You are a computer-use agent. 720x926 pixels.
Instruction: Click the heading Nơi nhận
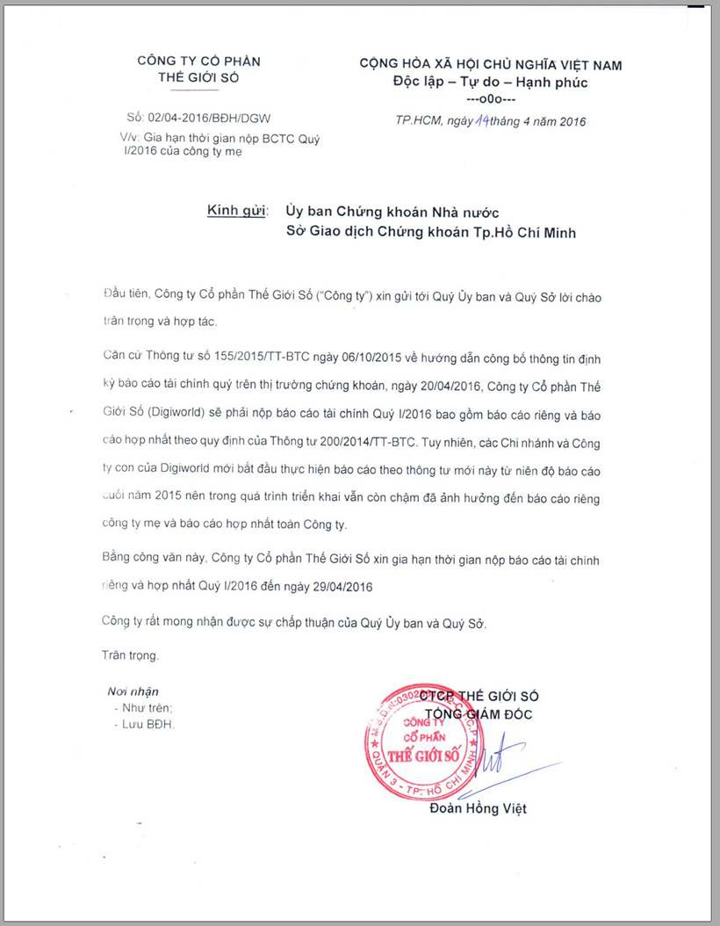133,691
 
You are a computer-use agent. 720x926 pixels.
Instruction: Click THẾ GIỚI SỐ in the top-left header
198,77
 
